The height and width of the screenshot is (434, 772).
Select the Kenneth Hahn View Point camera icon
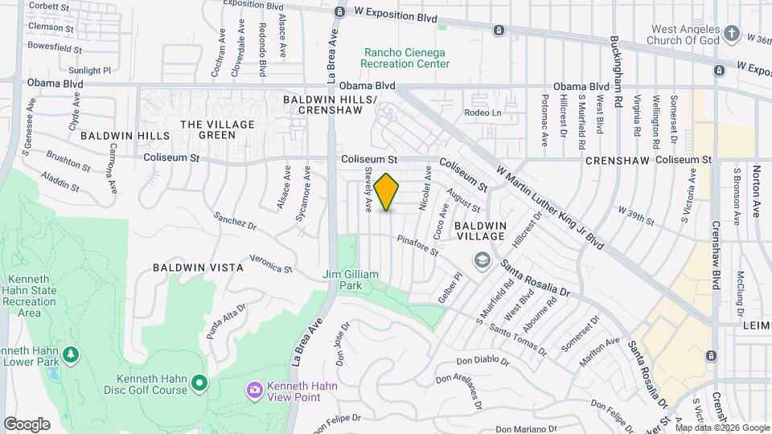(x=254, y=390)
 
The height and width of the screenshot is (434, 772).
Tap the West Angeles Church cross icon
(x=731, y=34)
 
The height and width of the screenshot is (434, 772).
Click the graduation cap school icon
(x=482, y=259)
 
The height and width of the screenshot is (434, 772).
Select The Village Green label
(x=217, y=129)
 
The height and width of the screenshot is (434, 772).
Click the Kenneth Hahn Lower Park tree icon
(x=72, y=354)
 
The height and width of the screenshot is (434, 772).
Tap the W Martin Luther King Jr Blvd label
(x=550, y=207)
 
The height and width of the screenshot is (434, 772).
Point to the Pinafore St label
(x=417, y=246)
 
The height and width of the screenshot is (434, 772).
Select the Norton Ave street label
(x=756, y=192)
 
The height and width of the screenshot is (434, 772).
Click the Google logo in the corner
(x=27, y=424)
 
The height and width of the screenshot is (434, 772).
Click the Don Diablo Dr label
(x=484, y=362)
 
